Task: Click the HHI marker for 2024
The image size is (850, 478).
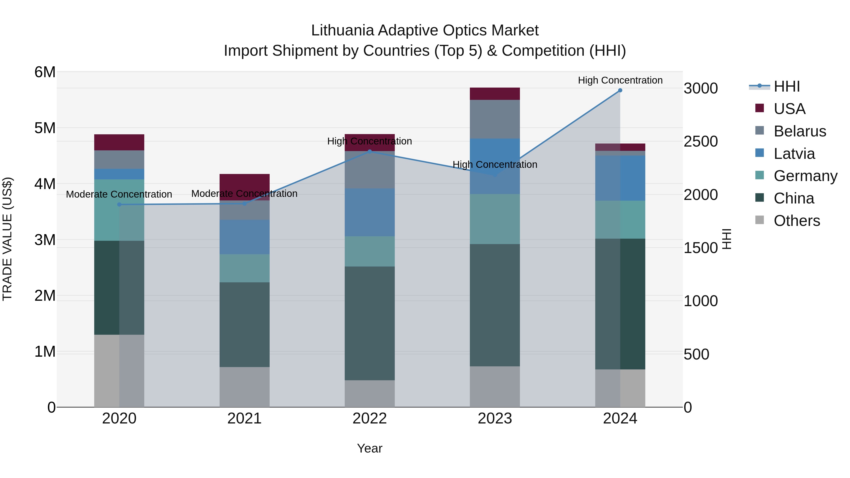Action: tap(620, 90)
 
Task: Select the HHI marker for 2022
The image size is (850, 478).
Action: tap(370, 152)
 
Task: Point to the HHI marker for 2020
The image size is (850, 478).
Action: tap(119, 204)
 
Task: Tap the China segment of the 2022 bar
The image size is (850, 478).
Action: tap(370, 323)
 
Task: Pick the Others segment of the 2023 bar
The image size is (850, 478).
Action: tap(495, 387)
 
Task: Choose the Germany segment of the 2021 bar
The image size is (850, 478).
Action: tap(245, 268)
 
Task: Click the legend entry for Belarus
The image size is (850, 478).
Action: tap(799, 131)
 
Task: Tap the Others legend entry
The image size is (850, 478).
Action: tap(797, 221)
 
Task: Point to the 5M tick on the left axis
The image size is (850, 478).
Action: tap(45, 128)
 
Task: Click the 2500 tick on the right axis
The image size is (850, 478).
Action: tap(701, 142)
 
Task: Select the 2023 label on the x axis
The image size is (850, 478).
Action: tap(495, 419)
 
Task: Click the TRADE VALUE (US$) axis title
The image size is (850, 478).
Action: tap(7, 239)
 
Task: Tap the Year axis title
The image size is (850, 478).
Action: tap(370, 448)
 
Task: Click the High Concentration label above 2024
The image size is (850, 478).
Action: tap(620, 80)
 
